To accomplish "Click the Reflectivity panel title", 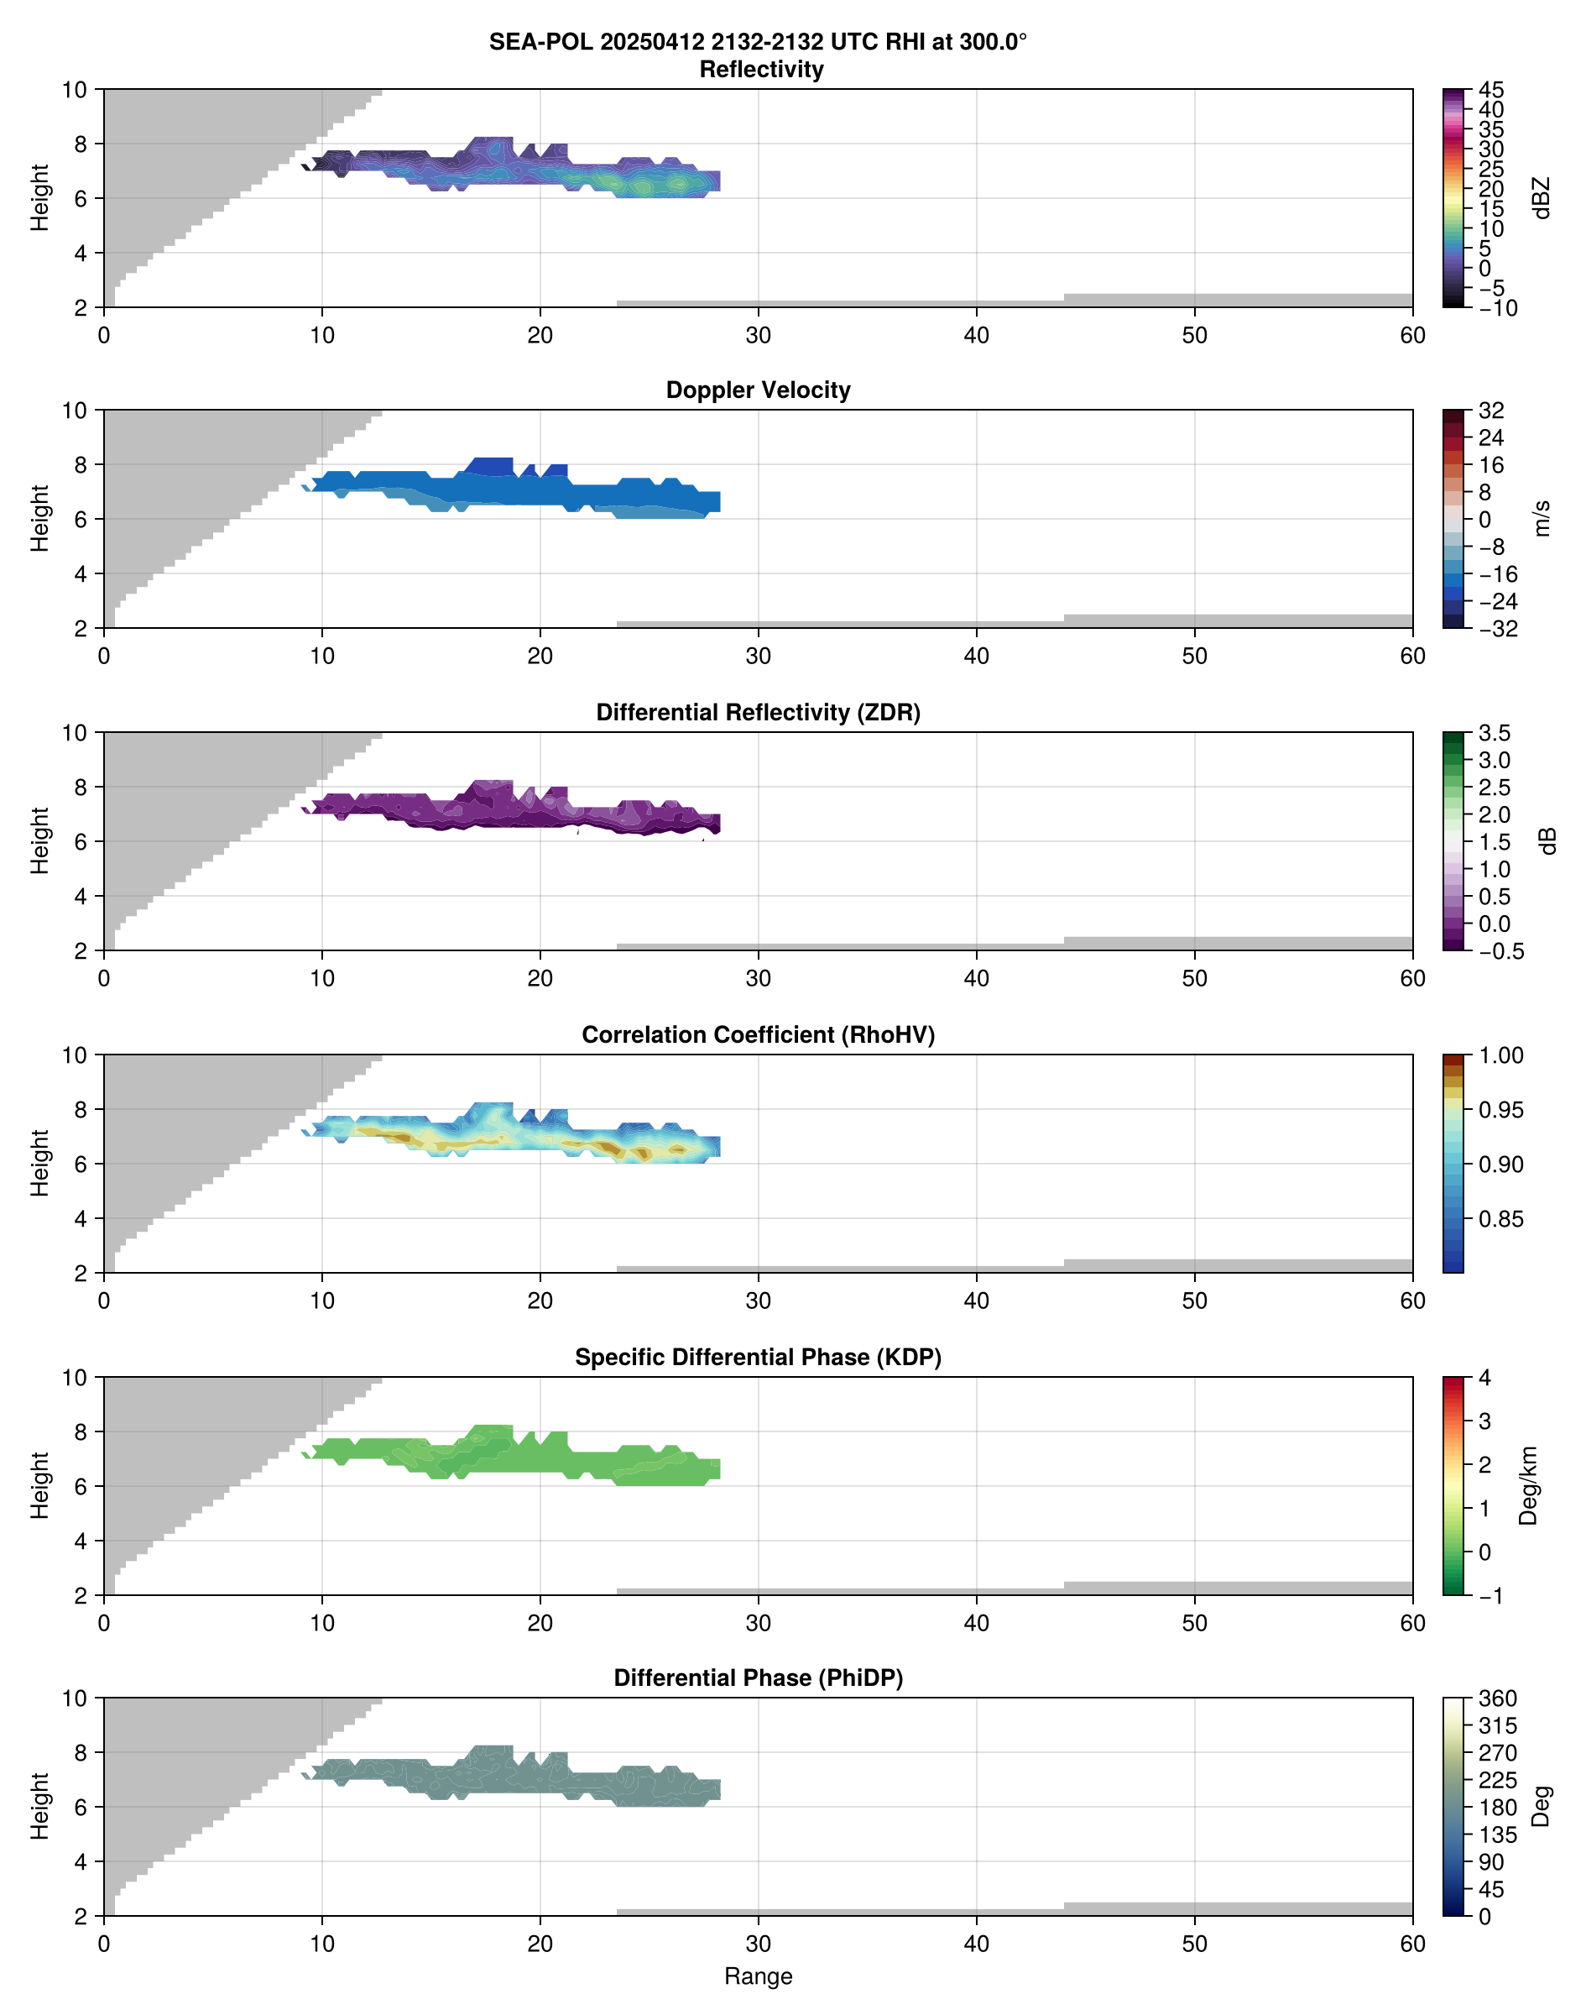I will pyautogui.click(x=760, y=70).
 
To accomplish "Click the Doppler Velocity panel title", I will pyautogui.click(x=758, y=390).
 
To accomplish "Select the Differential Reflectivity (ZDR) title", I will pyautogui.click(x=758, y=713).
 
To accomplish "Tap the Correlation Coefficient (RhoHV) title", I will pyautogui.click(x=758, y=1035).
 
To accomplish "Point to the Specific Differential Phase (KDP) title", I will pyautogui.click(x=758, y=1358).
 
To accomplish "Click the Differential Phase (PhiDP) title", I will pyautogui.click(x=758, y=1677).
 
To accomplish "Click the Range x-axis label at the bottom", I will pyautogui.click(x=758, y=1976).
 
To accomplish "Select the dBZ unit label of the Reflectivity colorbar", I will pyautogui.click(x=1542, y=198).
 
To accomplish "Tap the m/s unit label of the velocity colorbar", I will pyautogui.click(x=1542, y=518).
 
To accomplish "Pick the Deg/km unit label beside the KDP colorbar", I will pyautogui.click(x=1527, y=1485).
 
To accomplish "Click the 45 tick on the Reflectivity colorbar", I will pyautogui.click(x=1491, y=90).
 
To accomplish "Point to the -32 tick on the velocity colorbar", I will pyautogui.click(x=1498, y=629).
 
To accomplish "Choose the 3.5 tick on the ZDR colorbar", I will pyautogui.click(x=1495, y=733).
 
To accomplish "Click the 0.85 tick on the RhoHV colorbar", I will pyautogui.click(x=1500, y=1219).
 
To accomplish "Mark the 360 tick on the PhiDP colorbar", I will pyautogui.click(x=1497, y=1698).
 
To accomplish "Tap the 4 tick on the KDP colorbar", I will pyautogui.click(x=1484, y=1378).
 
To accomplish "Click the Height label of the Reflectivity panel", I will pyautogui.click(x=39, y=198).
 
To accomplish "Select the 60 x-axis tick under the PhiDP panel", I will pyautogui.click(x=1411, y=1944).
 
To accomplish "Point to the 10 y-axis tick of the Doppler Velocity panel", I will pyautogui.click(x=75, y=411).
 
